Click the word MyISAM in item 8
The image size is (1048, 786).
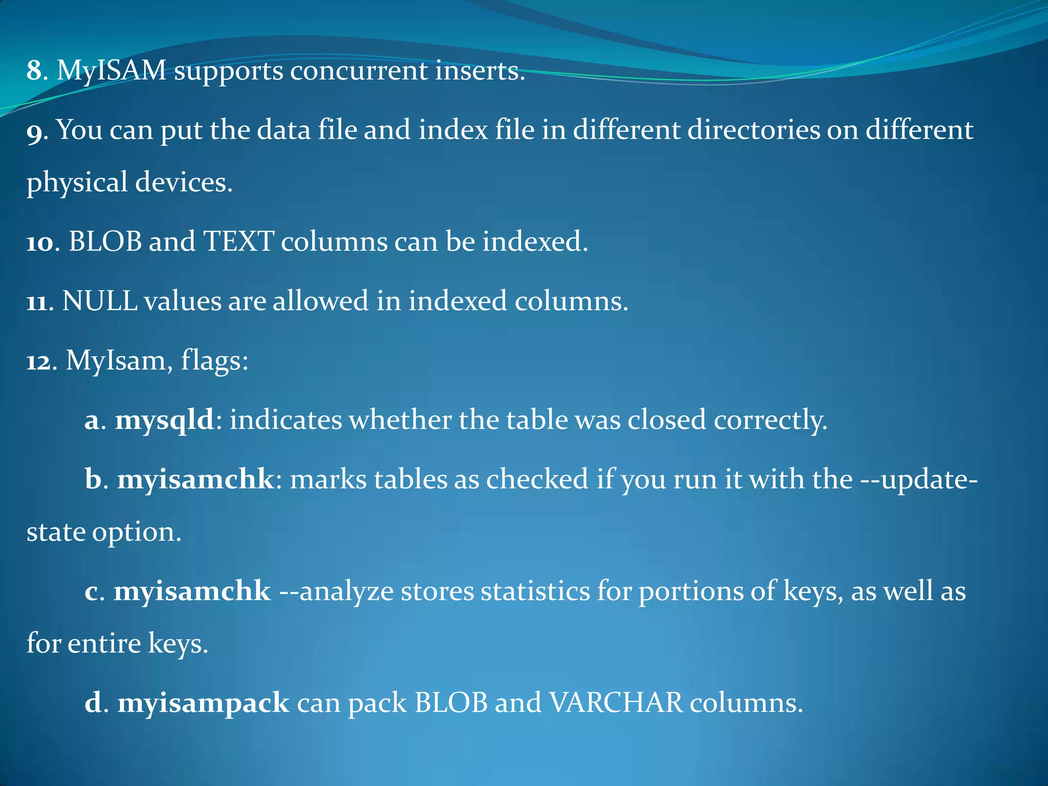coord(111,71)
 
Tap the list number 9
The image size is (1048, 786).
coord(35,131)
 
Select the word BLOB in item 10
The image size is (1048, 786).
coord(105,241)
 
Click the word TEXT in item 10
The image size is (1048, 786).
coord(238,241)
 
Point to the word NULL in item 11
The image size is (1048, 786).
coord(99,301)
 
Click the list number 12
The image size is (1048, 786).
coord(38,361)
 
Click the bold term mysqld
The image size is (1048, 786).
coord(164,420)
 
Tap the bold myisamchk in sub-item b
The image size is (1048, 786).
coord(195,480)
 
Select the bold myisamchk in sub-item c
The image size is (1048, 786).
coord(192,592)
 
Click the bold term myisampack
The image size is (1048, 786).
coord(203,703)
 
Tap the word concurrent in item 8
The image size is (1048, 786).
coord(359,71)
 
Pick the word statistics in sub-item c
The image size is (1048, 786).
coord(535,592)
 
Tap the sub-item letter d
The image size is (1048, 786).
coord(93,703)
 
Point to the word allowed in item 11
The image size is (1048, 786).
coord(320,301)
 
